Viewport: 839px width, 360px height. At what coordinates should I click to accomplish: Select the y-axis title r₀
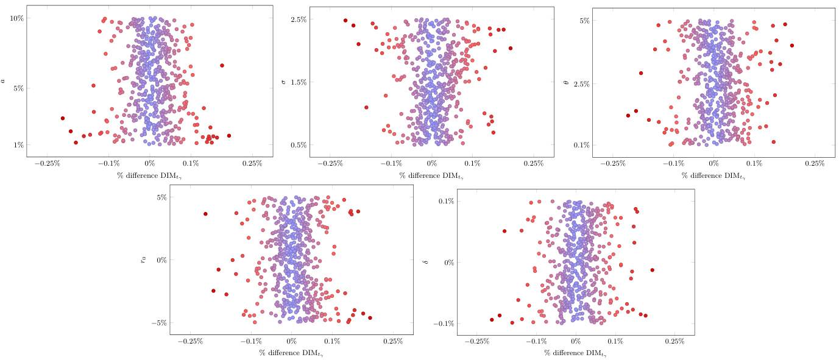coord(144,259)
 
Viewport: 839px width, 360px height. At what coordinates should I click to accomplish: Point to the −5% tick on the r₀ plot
coord(160,323)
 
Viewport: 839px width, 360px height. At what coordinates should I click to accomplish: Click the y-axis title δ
coord(425,263)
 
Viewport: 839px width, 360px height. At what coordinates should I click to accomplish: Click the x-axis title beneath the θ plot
coord(713,177)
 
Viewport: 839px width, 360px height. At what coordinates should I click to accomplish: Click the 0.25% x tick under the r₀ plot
coord(393,342)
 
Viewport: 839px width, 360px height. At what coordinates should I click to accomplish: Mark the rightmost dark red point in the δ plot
coord(653,270)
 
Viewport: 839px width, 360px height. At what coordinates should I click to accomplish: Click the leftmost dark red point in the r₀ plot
coord(206,214)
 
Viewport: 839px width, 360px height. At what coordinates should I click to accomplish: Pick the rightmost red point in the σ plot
coord(511,48)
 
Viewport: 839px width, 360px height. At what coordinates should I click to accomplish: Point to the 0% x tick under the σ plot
coord(432,164)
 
